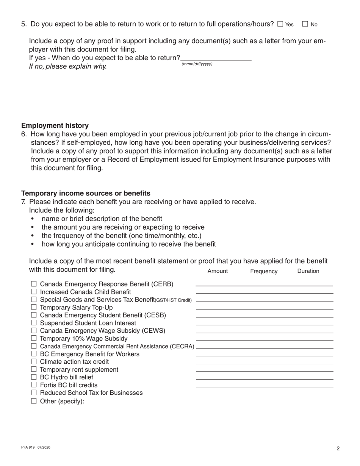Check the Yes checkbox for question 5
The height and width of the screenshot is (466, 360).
click(280, 24)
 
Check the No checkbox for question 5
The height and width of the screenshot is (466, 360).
click(305, 24)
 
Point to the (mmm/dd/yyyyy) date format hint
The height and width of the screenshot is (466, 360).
click(197, 64)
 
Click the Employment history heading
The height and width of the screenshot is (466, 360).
click(55, 125)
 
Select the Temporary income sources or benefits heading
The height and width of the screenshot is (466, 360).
click(86, 193)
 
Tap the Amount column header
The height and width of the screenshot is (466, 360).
click(218, 271)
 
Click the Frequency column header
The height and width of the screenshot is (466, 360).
click(264, 271)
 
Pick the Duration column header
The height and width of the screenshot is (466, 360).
click(308, 271)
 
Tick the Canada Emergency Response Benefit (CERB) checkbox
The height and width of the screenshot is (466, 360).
click(34, 284)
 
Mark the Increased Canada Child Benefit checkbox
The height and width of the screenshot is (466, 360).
click(34, 292)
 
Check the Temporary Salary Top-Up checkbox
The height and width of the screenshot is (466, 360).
click(34, 307)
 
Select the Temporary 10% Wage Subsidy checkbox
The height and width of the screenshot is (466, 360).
click(34, 338)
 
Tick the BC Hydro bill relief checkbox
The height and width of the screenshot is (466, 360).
click(34, 377)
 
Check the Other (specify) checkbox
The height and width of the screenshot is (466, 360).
click(34, 401)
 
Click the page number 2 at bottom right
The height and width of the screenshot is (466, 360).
click(338, 449)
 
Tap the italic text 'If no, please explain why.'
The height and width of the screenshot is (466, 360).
click(68, 67)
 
